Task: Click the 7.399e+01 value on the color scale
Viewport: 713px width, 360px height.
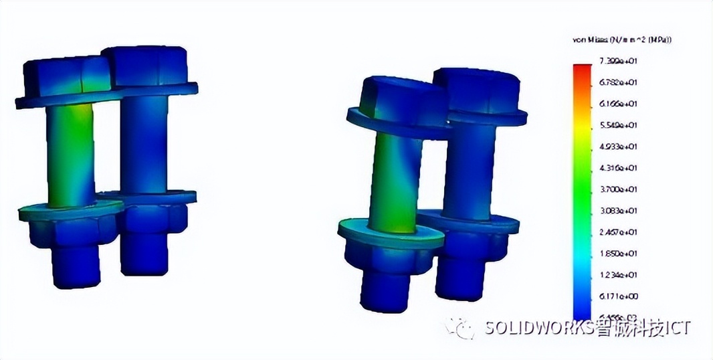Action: click(618, 61)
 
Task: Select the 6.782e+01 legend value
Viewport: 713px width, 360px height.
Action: click(618, 82)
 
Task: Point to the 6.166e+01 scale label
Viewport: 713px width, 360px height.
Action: click(618, 104)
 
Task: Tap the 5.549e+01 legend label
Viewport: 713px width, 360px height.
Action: click(618, 125)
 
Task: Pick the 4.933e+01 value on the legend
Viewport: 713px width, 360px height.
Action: click(618, 147)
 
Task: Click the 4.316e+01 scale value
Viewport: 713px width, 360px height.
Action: click(618, 168)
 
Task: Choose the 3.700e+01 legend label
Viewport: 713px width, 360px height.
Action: click(618, 189)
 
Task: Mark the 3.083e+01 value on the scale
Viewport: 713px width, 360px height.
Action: click(618, 211)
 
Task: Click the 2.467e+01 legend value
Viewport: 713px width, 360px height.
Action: click(618, 232)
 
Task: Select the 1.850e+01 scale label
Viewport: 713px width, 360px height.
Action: click(618, 254)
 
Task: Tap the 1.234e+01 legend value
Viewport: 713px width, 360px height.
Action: click(618, 275)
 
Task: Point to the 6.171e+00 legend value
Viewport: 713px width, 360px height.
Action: click(618, 296)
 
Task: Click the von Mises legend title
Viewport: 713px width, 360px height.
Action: click(622, 40)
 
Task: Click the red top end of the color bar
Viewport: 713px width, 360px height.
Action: click(582, 68)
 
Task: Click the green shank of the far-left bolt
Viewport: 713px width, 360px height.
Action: click(70, 154)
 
